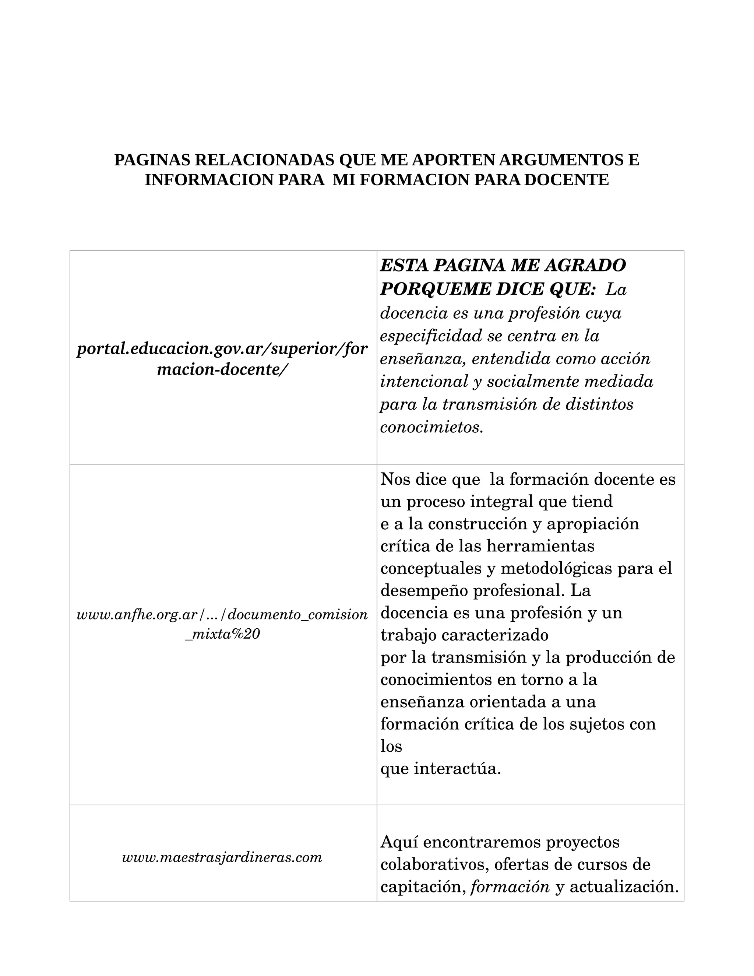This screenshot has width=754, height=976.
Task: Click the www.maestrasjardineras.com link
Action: point(222,857)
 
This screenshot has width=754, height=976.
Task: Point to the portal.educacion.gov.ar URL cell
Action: point(222,359)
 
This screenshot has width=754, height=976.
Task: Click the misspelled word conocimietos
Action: point(431,427)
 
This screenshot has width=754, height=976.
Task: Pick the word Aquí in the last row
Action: point(399,842)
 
